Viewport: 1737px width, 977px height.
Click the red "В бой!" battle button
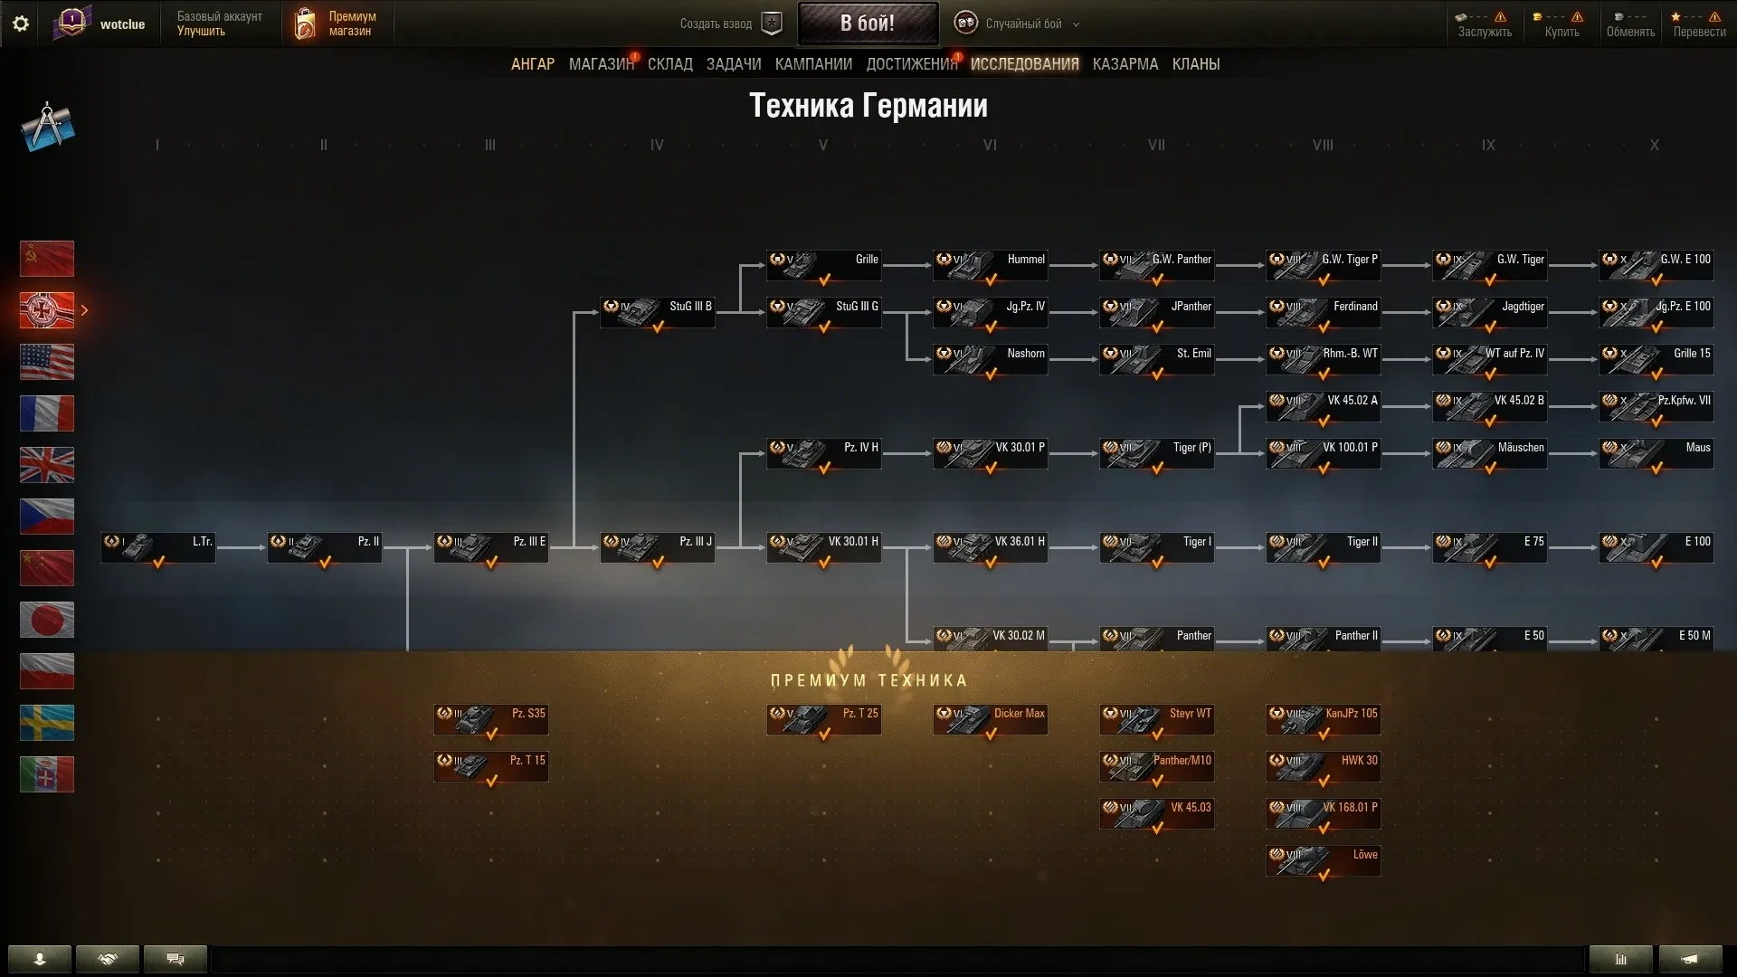867,24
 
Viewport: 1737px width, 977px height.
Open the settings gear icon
20,24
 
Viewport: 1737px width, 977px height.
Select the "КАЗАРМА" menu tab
1125,64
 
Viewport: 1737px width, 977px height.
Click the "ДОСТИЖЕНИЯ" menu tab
911,64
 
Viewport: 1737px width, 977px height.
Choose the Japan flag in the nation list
47,620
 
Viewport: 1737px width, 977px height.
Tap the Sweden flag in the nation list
47,723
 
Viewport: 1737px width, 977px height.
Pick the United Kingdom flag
47,465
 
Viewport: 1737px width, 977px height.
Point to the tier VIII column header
1322,145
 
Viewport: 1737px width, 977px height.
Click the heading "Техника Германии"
868,106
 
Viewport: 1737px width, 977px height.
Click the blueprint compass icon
47,128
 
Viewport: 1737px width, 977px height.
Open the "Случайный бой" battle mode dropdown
1023,24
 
